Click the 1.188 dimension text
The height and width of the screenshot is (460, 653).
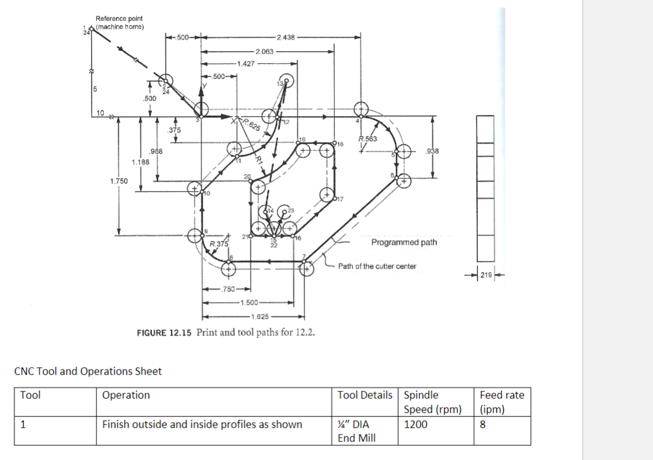140,162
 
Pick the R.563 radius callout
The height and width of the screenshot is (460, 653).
369,139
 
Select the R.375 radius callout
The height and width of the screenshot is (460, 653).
219,243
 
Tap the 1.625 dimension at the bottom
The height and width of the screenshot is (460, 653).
250,316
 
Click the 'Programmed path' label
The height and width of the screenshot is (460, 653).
404,242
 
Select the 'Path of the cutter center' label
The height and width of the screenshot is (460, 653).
377,267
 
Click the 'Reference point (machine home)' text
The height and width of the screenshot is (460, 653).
119,22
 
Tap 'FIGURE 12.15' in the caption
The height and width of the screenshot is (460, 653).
165,332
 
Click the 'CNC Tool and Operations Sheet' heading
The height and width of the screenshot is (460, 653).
87,371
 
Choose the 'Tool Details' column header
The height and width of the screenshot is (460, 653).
365,395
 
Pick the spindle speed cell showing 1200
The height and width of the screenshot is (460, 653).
416,424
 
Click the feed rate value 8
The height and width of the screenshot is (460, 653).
483,424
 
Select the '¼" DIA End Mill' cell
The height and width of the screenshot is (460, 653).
356,431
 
